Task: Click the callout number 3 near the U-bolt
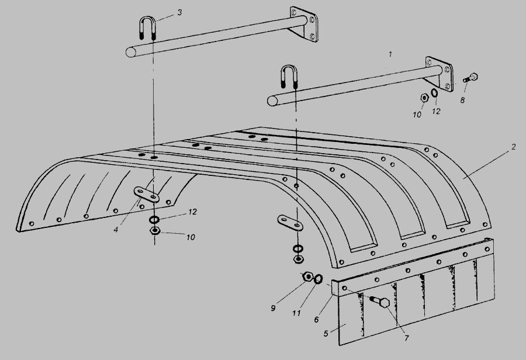point(179,13)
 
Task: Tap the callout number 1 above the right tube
point(390,54)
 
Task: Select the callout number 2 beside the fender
point(513,147)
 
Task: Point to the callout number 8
point(462,100)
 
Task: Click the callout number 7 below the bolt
point(407,338)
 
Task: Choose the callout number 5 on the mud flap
point(326,334)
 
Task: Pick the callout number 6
point(316,320)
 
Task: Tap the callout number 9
point(273,308)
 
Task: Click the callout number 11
point(296,313)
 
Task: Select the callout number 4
point(116,230)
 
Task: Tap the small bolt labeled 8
point(470,78)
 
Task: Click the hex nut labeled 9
point(307,277)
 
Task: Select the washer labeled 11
point(319,278)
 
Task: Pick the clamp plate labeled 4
point(147,195)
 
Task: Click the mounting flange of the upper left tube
point(303,24)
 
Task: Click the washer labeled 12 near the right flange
point(434,92)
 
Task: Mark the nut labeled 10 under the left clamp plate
point(155,231)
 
